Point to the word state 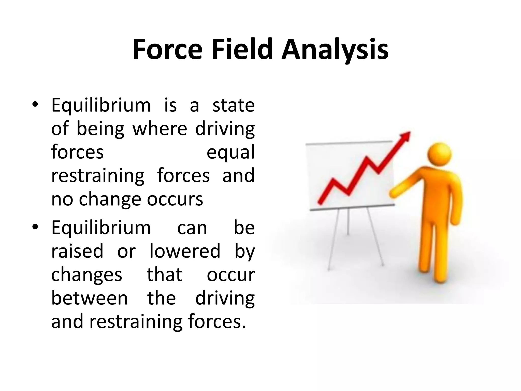(233, 105)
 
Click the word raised (77, 251)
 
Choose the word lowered (185, 251)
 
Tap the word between (90, 298)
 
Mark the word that (165, 275)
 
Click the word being (100, 129)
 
